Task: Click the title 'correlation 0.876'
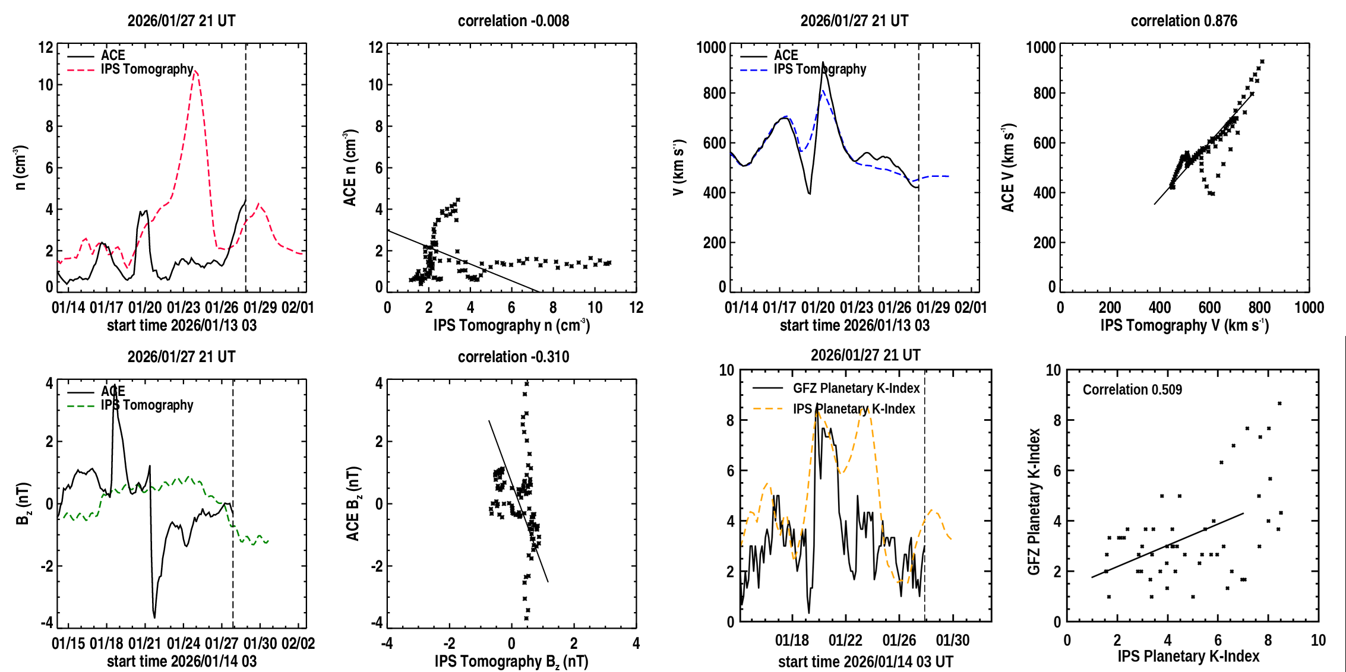(1183, 21)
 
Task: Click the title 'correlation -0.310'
(513, 357)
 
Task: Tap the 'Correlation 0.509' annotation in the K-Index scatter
(1132, 389)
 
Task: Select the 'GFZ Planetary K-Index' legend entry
(856, 388)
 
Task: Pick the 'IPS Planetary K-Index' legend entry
(854, 409)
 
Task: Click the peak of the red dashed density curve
(195, 71)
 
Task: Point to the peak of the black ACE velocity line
(823, 62)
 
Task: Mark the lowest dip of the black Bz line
(154, 617)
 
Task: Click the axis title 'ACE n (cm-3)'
(350, 168)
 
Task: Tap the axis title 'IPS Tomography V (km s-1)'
(1184, 325)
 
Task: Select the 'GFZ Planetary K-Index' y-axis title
(1034, 502)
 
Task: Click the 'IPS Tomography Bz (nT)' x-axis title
(511, 661)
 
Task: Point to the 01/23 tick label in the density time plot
(184, 308)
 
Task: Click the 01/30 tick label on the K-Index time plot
(952, 641)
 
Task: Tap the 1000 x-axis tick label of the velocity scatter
(1309, 308)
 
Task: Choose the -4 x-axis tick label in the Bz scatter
(387, 644)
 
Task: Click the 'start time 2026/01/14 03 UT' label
(865, 661)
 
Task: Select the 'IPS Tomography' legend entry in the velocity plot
(819, 69)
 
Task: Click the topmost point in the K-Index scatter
(1279, 404)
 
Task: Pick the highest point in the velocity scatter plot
(1262, 62)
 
